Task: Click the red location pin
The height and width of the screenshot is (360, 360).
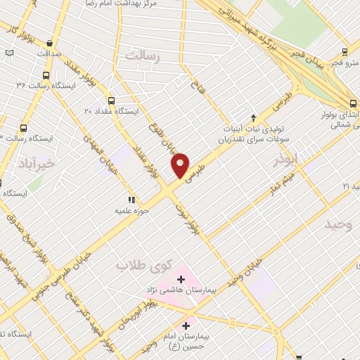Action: (x=180, y=165)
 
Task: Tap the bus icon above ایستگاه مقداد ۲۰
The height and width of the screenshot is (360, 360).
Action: (x=111, y=98)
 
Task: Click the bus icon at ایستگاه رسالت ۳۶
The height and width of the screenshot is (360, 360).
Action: (x=46, y=75)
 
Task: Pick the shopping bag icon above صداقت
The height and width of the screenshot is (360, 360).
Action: (x=50, y=41)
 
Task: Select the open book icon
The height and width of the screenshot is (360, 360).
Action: (x=8, y=53)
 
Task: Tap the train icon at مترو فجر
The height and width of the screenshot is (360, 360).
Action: (x=345, y=51)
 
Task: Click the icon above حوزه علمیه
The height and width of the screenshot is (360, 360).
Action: (x=130, y=200)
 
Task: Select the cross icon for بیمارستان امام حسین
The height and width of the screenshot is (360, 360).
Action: (x=186, y=326)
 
